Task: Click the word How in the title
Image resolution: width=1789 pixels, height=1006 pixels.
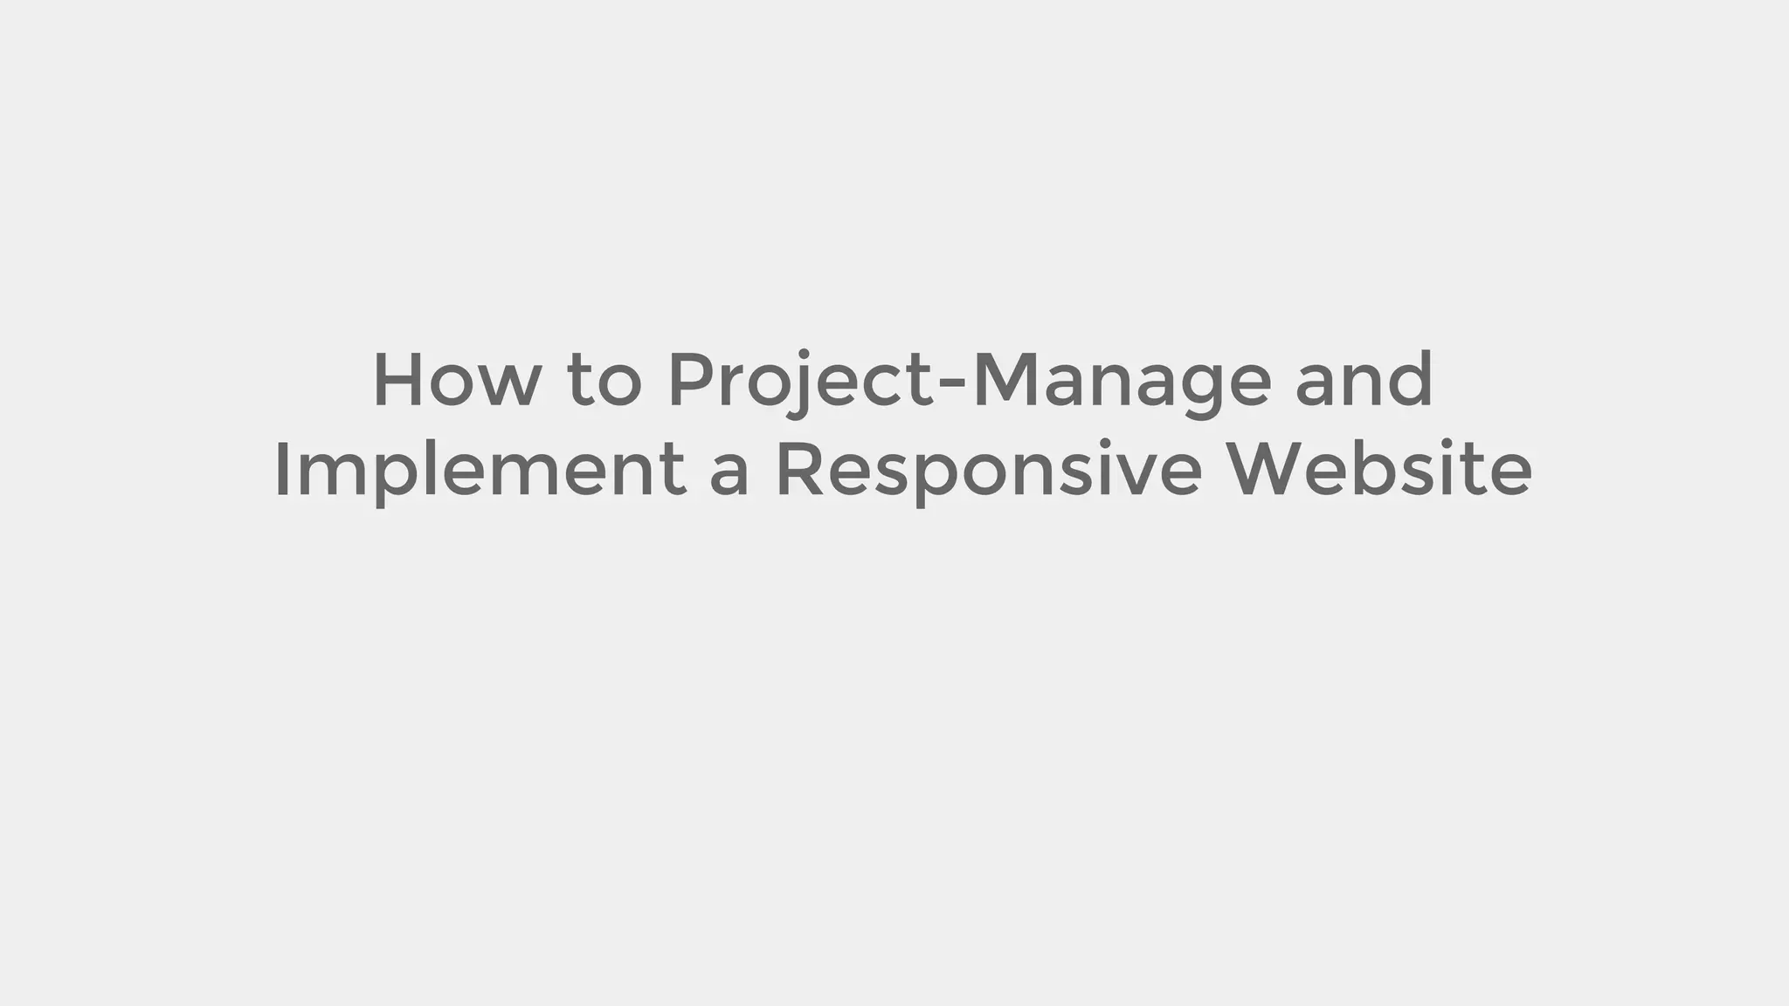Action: pos(457,381)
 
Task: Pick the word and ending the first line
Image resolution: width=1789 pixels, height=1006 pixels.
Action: pos(1364,381)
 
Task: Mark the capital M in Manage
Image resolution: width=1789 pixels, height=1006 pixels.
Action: pos(1005,381)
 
